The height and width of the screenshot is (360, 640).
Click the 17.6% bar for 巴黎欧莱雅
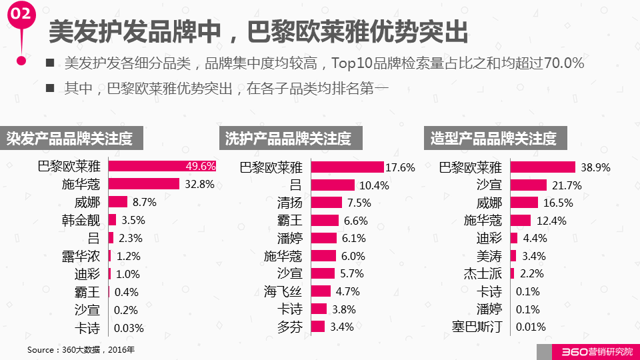point(347,167)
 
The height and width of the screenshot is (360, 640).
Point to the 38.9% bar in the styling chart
point(542,167)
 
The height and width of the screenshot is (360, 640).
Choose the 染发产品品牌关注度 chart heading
point(71,139)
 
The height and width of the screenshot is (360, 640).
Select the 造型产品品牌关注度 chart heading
point(494,139)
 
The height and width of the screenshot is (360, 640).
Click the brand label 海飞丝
point(283,291)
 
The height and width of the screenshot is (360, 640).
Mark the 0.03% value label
point(129,328)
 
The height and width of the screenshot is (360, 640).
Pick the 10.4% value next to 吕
point(374,185)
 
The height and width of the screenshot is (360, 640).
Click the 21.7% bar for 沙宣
point(528,185)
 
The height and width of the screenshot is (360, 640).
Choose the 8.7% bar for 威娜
point(118,202)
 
